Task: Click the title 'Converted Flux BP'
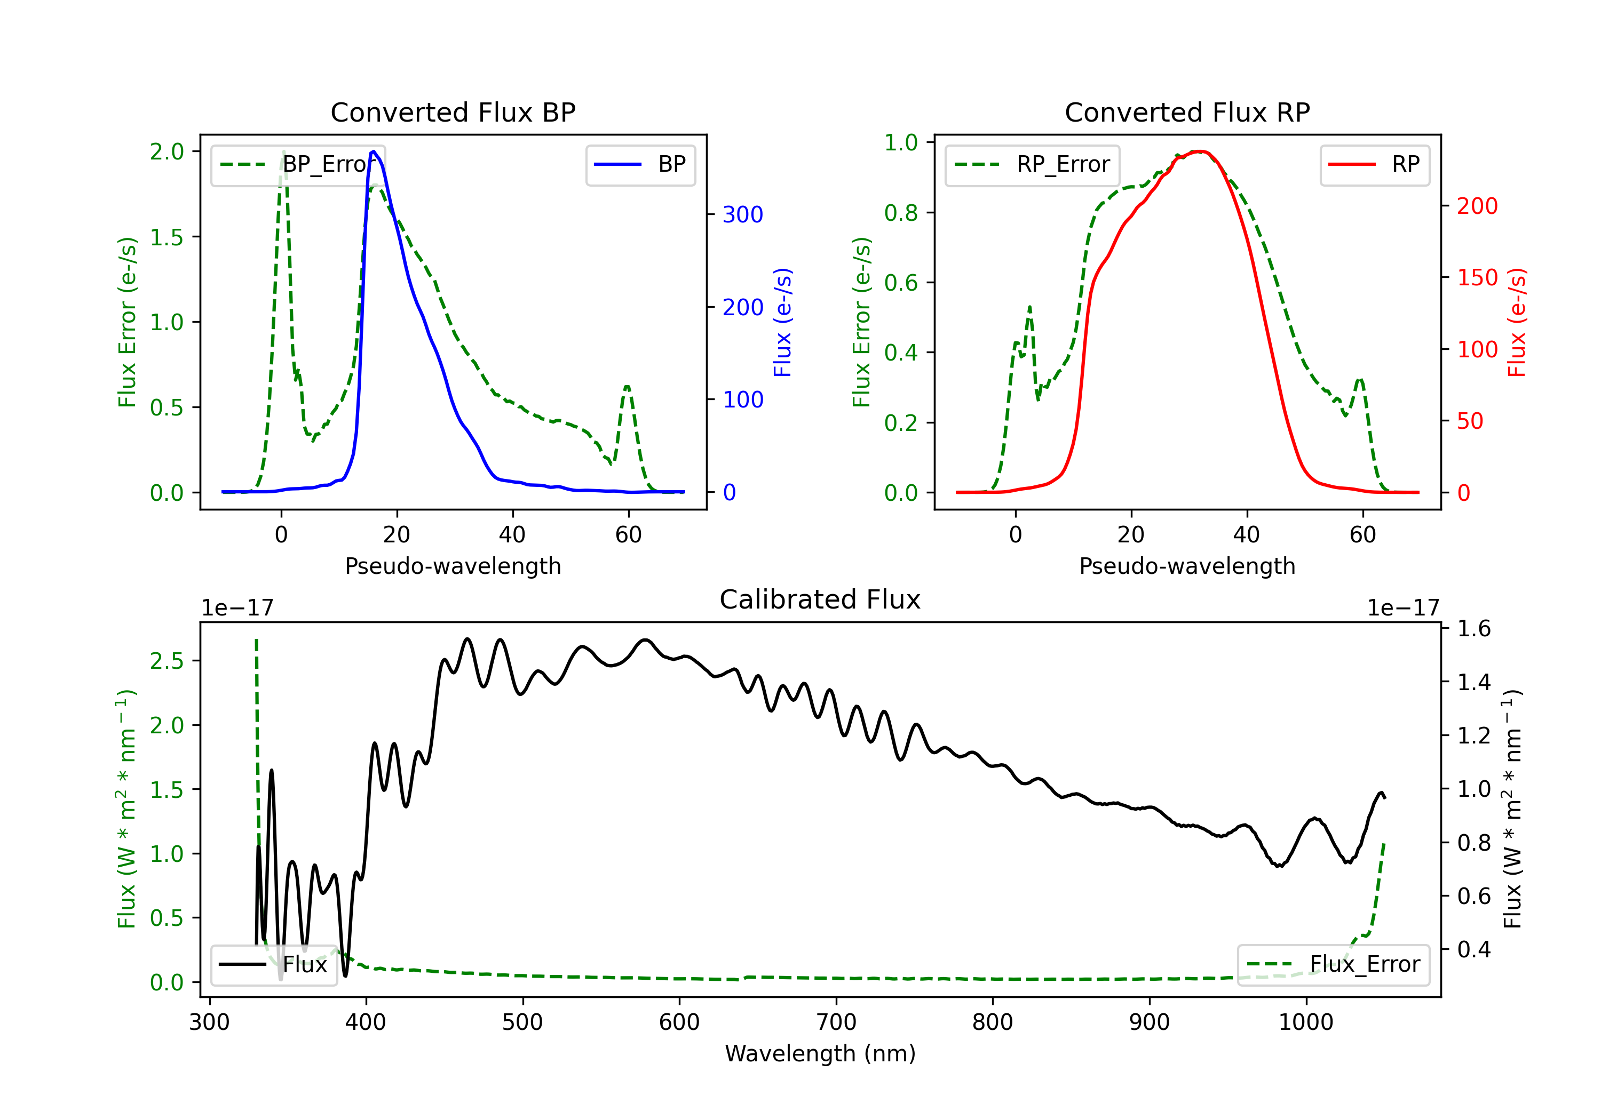(453, 112)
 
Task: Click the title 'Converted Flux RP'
(1187, 112)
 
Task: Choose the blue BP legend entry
(640, 164)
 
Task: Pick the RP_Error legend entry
(1032, 164)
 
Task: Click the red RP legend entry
(1374, 164)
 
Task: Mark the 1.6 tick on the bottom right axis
(1473, 629)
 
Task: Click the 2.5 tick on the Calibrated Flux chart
(168, 661)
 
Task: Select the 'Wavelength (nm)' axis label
(820, 1054)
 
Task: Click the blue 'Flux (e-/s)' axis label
(782, 322)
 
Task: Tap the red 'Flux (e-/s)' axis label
(1517, 322)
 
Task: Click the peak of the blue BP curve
(374, 151)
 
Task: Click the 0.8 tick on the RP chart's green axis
(901, 213)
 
